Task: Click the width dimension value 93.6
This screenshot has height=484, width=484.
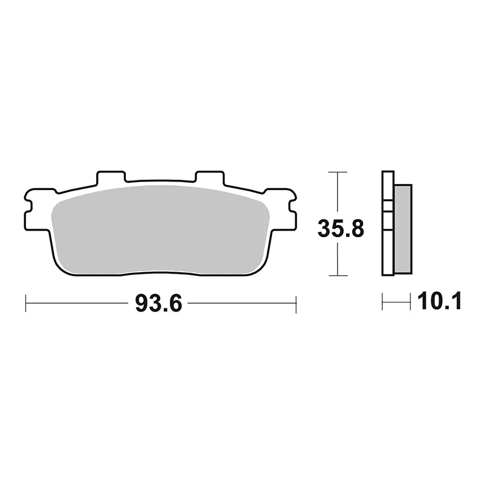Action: tap(159, 303)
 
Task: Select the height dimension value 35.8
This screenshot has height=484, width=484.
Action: tap(341, 229)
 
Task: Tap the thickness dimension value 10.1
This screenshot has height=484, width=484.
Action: tap(439, 301)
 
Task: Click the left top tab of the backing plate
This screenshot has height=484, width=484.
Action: tap(111, 177)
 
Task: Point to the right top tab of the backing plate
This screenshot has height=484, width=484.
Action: tap(210, 177)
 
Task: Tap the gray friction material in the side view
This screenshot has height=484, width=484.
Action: tap(403, 229)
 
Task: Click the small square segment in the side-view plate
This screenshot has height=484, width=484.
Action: tap(388, 206)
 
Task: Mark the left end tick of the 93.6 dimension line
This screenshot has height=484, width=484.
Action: tap(26, 304)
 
